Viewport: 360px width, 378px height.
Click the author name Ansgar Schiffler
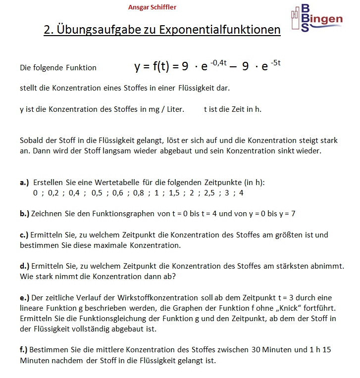pyautogui.click(x=152, y=7)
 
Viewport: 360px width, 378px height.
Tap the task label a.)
pyautogui.click(x=25, y=183)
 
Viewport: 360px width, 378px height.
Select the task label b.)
pyautogui.click(x=25, y=214)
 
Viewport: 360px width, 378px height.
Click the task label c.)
pyautogui.click(x=24, y=235)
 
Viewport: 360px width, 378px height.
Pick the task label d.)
pyautogui.click(x=25, y=266)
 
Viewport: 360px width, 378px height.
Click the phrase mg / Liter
pyautogui.click(x=166, y=109)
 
